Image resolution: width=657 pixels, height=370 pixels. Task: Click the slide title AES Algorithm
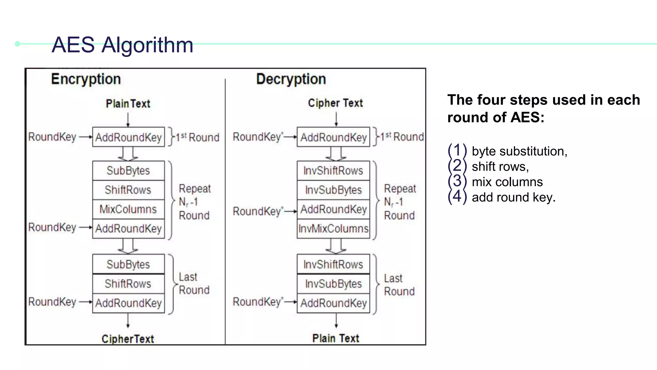pos(122,45)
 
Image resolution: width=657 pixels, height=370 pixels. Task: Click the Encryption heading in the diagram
pos(86,79)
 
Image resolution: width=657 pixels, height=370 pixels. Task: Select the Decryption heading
pos(291,79)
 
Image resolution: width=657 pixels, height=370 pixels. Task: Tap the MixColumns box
pos(128,209)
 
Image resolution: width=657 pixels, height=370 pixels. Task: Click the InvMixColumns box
pos(333,229)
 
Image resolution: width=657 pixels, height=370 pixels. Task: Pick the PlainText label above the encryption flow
pos(128,104)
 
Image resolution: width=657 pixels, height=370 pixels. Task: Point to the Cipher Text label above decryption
pos(335,103)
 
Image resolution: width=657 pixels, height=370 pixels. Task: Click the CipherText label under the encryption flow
pos(128,339)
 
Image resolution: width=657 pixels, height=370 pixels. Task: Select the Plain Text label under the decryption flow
pos(336,338)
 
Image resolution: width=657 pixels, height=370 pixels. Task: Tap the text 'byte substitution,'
pos(519,151)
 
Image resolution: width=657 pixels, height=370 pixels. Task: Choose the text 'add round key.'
pos(513,198)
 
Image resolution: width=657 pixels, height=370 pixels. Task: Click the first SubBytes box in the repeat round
pos(128,171)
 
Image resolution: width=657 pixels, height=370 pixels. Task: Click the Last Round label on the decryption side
pos(399,285)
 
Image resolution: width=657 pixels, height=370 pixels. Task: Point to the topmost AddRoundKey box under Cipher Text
pos(333,137)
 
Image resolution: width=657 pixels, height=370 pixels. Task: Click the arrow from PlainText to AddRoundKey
pos(128,120)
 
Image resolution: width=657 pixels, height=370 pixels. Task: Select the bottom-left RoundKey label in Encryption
pos(52,302)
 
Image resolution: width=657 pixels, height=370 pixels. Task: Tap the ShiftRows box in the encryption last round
pos(128,284)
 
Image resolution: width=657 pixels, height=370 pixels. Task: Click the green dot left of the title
pos(18,44)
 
